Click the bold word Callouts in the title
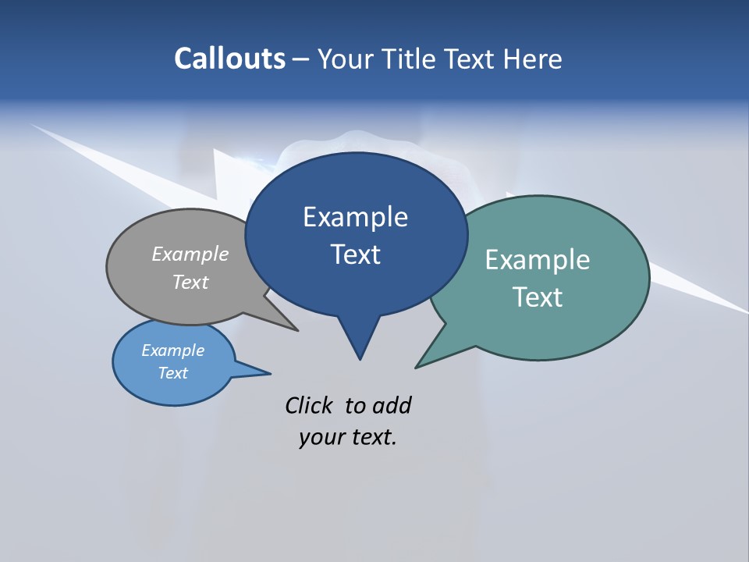pyautogui.click(x=229, y=59)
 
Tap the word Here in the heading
pyautogui.click(x=532, y=59)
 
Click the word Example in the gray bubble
pyautogui.click(x=190, y=254)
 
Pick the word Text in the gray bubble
pyautogui.click(x=190, y=282)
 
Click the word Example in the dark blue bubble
pyautogui.click(x=355, y=217)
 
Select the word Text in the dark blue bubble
pyautogui.click(x=356, y=254)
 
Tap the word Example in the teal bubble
pyautogui.click(x=538, y=260)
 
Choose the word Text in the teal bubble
pyautogui.click(x=538, y=297)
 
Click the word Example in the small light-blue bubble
pyautogui.click(x=172, y=350)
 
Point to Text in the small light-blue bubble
pyautogui.click(x=172, y=373)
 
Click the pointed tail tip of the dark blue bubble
pyautogui.click(x=360, y=358)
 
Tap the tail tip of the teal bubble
pyautogui.click(x=417, y=367)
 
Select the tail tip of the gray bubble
pyautogui.click(x=297, y=330)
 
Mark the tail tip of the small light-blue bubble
pyautogui.click(x=270, y=373)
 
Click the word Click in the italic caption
pyautogui.click(x=308, y=405)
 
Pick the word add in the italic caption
pyautogui.click(x=391, y=405)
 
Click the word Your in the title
pyautogui.click(x=344, y=59)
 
